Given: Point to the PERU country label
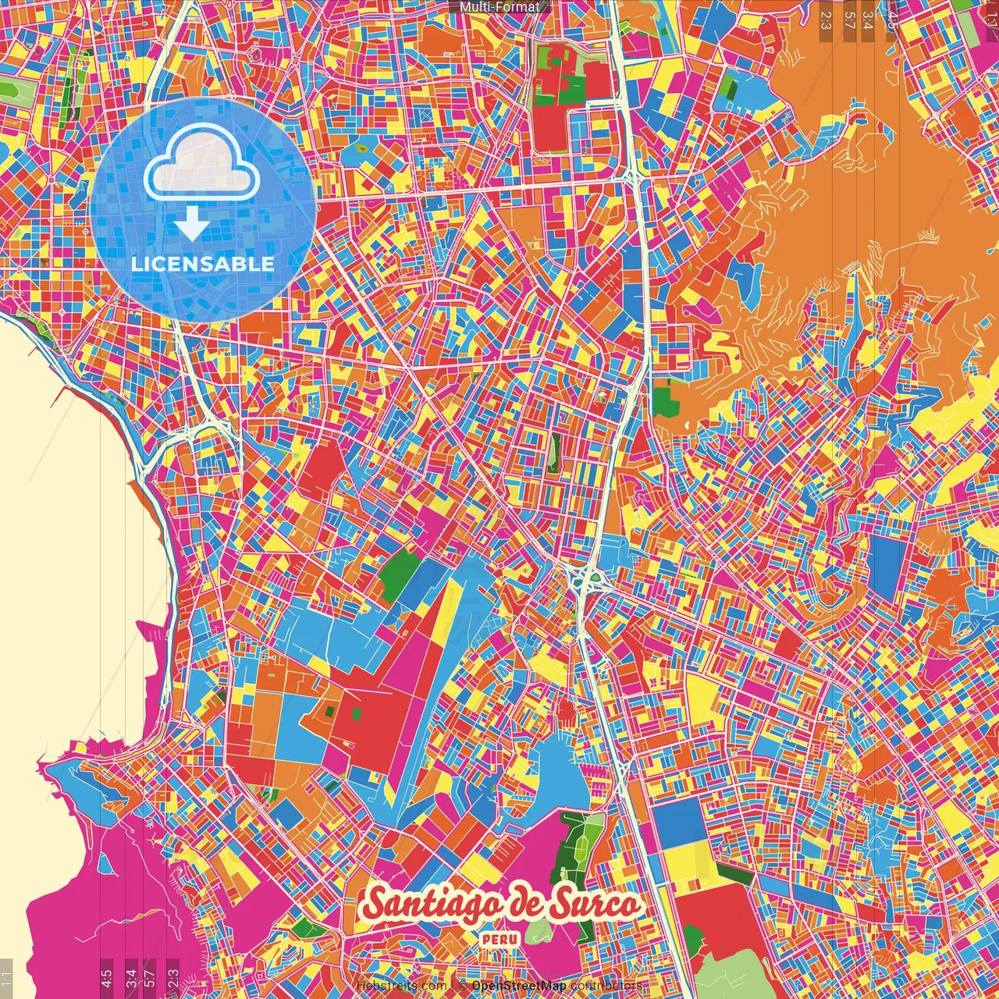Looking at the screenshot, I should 500,940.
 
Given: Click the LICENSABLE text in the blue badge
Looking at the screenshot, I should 203,264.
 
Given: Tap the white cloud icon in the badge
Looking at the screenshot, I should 202,164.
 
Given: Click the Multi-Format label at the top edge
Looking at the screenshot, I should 499,7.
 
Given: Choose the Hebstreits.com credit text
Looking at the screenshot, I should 401,986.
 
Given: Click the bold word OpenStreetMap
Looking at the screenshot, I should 519,986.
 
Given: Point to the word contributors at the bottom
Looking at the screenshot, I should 606,986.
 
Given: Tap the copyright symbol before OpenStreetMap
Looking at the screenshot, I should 463,986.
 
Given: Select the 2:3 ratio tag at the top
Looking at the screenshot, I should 825,20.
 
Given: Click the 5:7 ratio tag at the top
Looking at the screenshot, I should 849,20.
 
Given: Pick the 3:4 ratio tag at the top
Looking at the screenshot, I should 869,20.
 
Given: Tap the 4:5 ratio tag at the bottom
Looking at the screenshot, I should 106,978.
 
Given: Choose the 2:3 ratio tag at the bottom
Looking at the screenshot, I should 172,978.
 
